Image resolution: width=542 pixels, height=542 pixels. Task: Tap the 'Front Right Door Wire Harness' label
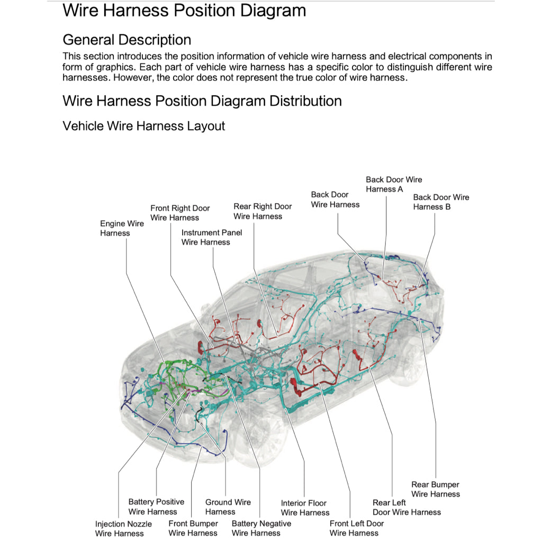tap(180, 213)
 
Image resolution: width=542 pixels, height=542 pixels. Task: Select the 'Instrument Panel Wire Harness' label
tap(211, 237)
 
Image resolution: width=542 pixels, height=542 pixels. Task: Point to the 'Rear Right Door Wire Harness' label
tap(263, 211)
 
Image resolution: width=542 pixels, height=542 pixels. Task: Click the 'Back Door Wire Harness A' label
tap(394, 184)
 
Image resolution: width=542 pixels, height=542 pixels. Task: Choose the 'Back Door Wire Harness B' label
tap(441, 202)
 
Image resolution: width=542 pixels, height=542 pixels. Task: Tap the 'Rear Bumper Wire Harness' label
tap(435, 489)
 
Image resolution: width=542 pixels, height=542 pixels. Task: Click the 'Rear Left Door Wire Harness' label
tap(406, 507)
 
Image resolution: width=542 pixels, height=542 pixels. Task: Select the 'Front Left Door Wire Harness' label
tap(356, 528)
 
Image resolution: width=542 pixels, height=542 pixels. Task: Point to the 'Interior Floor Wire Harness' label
tap(305, 508)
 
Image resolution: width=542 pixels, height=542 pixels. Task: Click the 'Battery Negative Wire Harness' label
tap(261, 528)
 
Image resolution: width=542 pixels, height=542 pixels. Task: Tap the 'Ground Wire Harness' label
tap(228, 507)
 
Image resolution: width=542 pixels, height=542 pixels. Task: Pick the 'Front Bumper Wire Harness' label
tap(193, 528)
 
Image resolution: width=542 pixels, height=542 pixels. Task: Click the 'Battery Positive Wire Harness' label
tap(156, 507)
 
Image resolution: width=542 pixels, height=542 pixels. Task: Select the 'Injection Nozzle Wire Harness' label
tap(123, 528)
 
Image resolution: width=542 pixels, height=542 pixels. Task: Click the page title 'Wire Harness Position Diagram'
tap(184, 10)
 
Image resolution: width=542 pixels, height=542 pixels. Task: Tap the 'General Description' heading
tap(127, 40)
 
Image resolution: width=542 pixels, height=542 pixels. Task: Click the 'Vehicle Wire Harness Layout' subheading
tap(143, 126)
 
